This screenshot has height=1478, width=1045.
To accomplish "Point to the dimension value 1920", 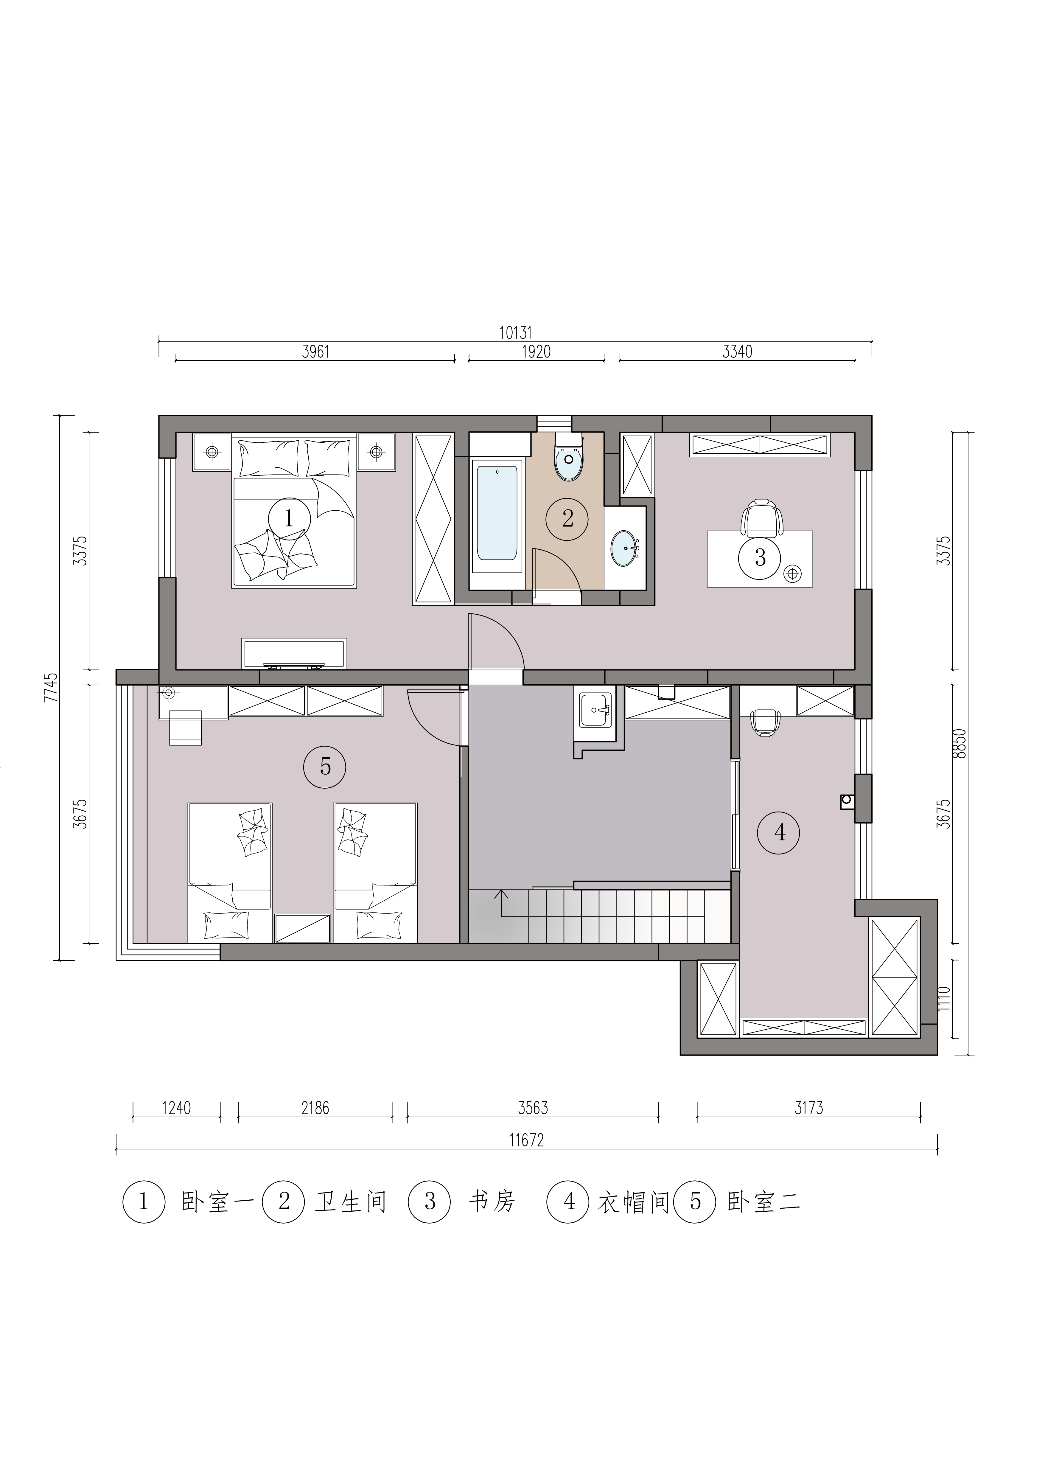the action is coord(536,352).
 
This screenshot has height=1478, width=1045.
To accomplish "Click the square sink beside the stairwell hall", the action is coord(595,710).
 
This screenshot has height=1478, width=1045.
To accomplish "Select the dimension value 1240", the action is coord(176,1108).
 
